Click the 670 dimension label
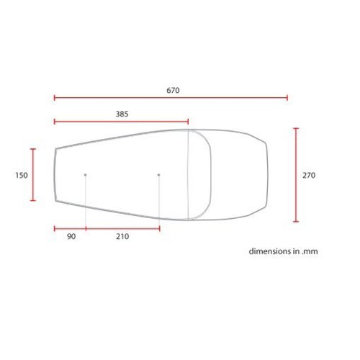(172, 91)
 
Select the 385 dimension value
(122, 114)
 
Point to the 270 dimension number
(309, 175)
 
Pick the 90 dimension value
(70, 237)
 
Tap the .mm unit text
(310, 252)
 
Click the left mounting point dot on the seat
(86, 175)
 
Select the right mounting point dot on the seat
(158, 175)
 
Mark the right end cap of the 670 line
(287, 98)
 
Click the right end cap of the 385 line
(189, 122)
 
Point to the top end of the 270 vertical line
(295, 128)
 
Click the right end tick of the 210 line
(159, 229)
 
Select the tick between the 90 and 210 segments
(86, 229)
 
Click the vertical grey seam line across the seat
(189, 173)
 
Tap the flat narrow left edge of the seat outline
(55, 175)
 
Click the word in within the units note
(297, 252)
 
